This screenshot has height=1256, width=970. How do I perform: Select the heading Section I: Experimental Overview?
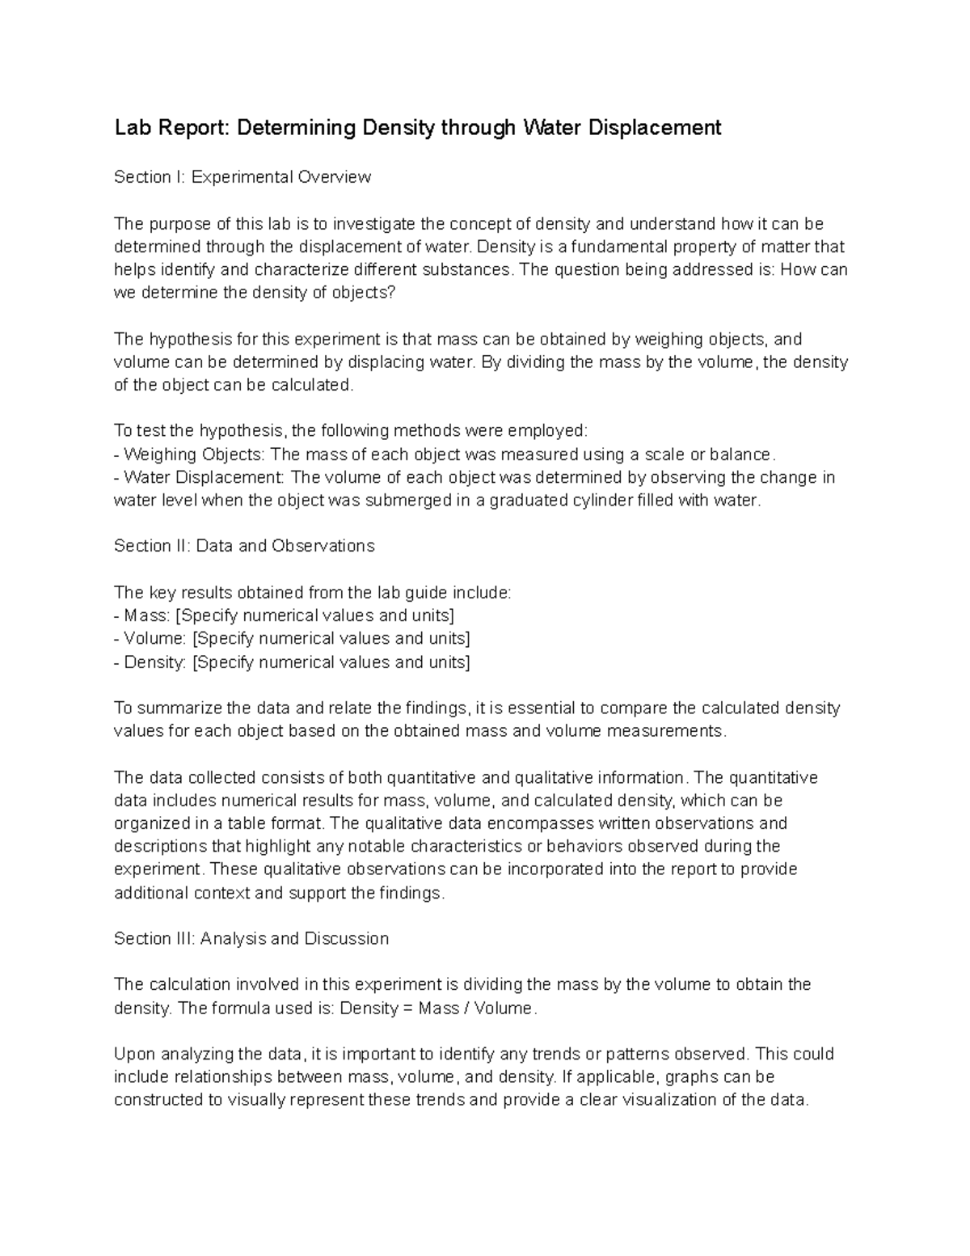[242, 177]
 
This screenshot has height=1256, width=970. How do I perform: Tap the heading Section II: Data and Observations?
[244, 546]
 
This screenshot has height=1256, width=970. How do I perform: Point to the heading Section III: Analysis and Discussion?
[251, 938]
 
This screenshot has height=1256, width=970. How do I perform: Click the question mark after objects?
[393, 293]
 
